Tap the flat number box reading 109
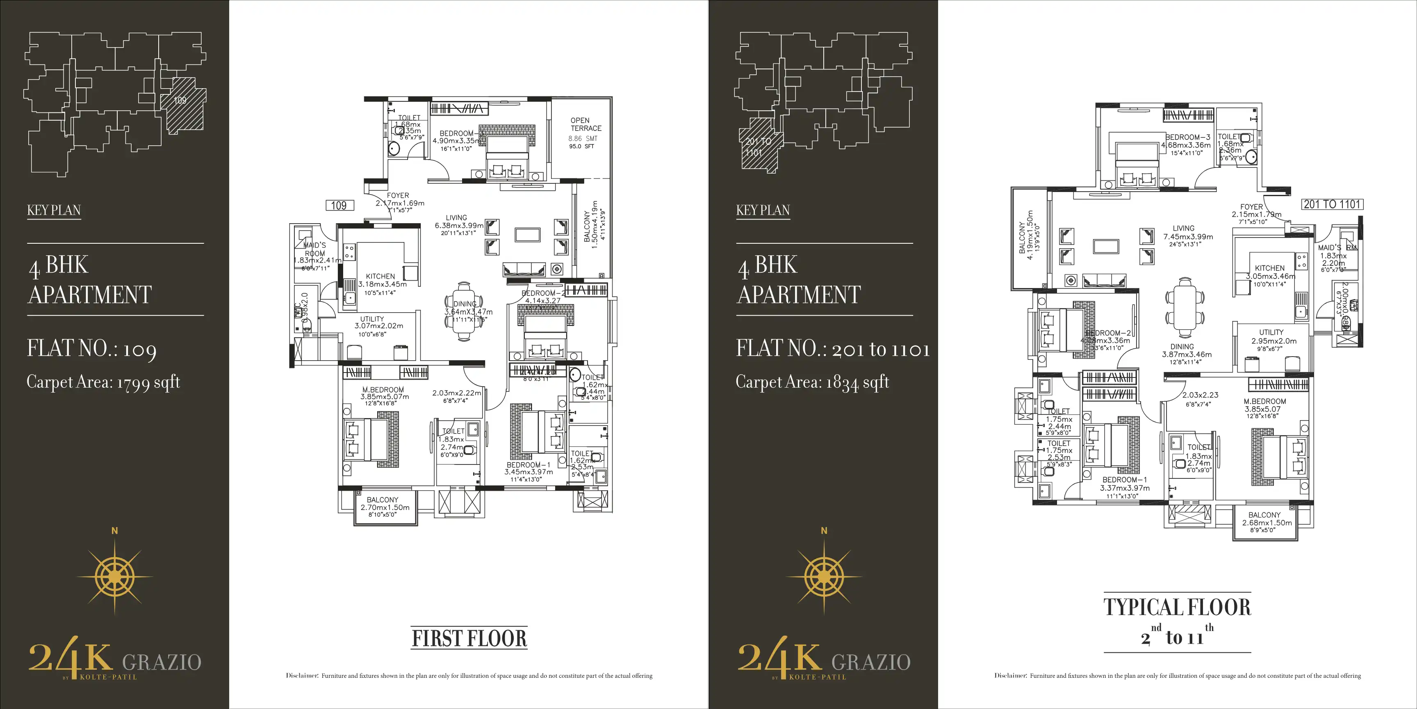tap(339, 205)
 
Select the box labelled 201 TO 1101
tap(1332, 204)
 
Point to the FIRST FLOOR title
tap(469, 638)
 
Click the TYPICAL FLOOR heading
tap(1177, 607)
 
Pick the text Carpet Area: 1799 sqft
tap(103, 382)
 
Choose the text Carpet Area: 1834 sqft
tap(813, 382)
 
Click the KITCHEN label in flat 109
tap(380, 276)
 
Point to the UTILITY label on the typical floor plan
tap(1271, 332)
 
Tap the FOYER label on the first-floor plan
tap(398, 195)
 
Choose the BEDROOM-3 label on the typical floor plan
tap(1188, 137)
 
